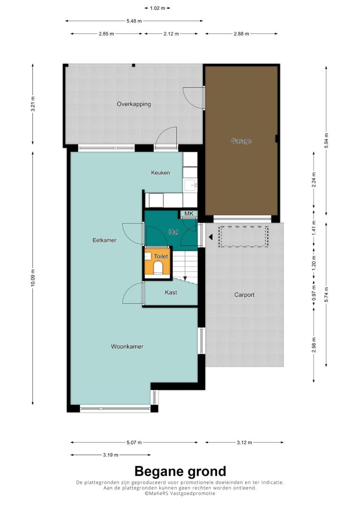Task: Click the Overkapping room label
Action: (134, 104)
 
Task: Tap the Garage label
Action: (241, 141)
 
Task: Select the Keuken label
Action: (160, 172)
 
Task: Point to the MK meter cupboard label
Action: (188, 213)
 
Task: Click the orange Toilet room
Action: (157, 263)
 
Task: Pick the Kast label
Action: (171, 292)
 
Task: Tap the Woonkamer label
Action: (127, 346)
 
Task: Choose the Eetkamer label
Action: (104, 240)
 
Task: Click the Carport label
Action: (244, 295)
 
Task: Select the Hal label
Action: (173, 232)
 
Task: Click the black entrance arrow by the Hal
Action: (210, 237)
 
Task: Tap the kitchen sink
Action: (191, 186)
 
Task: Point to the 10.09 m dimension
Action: (33, 278)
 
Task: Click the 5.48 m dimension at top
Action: (134, 21)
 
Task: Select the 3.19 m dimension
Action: (111, 455)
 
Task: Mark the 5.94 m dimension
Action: (326, 141)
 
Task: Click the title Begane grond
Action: (180, 471)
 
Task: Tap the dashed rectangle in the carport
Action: (243, 237)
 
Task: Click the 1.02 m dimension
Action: (157, 8)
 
